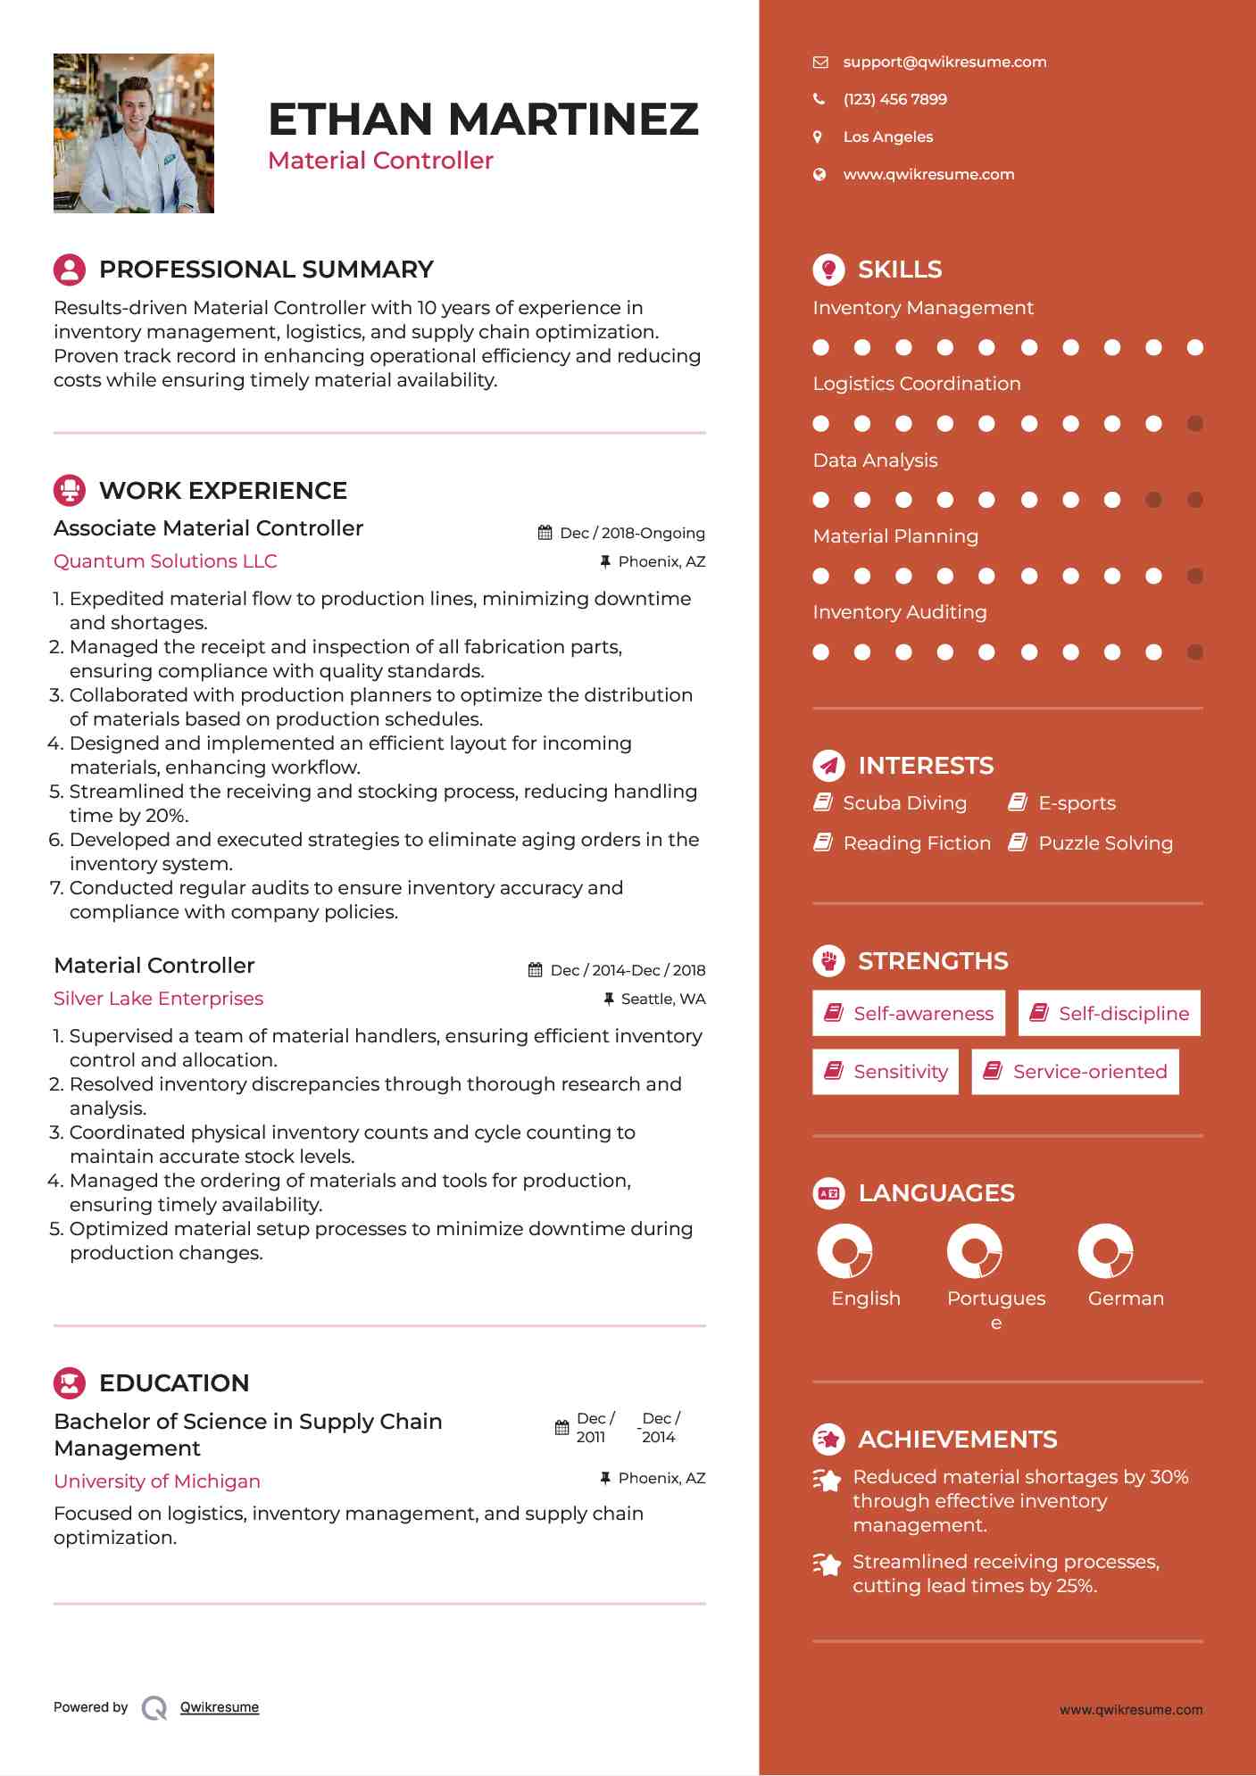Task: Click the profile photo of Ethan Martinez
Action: coord(134,133)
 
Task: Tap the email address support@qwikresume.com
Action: coord(944,62)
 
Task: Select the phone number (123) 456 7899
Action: coord(894,99)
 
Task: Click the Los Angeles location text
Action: coord(887,137)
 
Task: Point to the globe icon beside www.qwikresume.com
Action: coord(819,174)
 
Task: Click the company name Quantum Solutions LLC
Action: coord(165,561)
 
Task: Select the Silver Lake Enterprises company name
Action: coord(158,999)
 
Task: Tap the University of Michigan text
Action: coord(157,1481)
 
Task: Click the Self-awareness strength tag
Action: coord(909,1013)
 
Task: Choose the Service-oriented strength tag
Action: coord(1075,1071)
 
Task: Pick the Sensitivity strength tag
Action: coord(886,1071)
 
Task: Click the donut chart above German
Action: coord(1105,1251)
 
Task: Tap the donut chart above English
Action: coord(844,1251)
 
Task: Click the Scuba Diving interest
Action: coord(903,803)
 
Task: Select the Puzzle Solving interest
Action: coord(1104,843)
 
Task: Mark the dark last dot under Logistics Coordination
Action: coord(1195,424)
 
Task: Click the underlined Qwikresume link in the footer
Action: coord(220,1707)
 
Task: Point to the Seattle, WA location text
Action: coord(662,999)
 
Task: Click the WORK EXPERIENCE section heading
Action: coord(223,490)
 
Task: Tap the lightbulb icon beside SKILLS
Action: coord(828,269)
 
